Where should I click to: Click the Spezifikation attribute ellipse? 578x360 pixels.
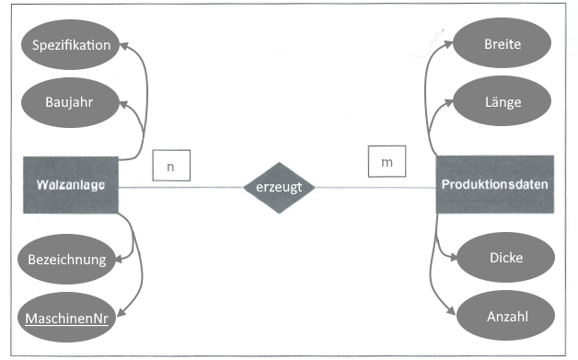[x=71, y=44]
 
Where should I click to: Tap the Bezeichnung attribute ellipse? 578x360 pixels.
[x=67, y=259]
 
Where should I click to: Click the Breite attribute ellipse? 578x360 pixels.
[x=503, y=44]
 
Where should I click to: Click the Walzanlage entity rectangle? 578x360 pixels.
[x=71, y=185]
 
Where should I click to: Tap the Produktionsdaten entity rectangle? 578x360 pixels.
[x=495, y=185]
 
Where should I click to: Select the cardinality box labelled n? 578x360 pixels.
[x=171, y=166]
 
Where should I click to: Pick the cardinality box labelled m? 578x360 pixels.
[x=386, y=162]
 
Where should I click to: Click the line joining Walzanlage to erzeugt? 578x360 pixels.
[x=179, y=188]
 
